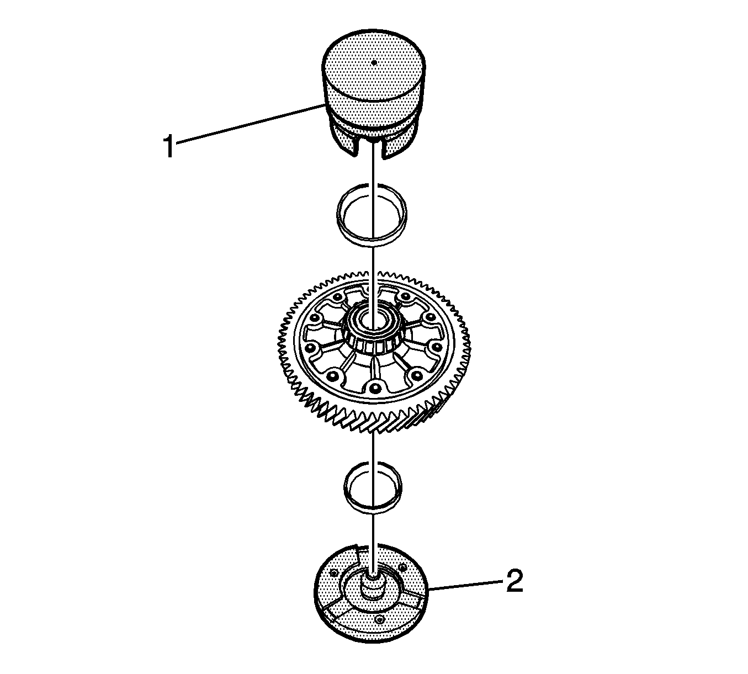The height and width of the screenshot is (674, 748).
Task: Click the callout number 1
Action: [x=169, y=146]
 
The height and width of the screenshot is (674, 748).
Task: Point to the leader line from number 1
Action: [x=250, y=124]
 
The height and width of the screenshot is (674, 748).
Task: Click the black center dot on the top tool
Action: [x=374, y=62]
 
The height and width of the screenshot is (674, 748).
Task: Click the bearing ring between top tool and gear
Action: [x=372, y=214]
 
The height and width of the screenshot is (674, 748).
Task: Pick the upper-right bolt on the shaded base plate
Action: [x=402, y=567]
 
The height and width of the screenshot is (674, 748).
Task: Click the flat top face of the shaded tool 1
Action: [x=374, y=66]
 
